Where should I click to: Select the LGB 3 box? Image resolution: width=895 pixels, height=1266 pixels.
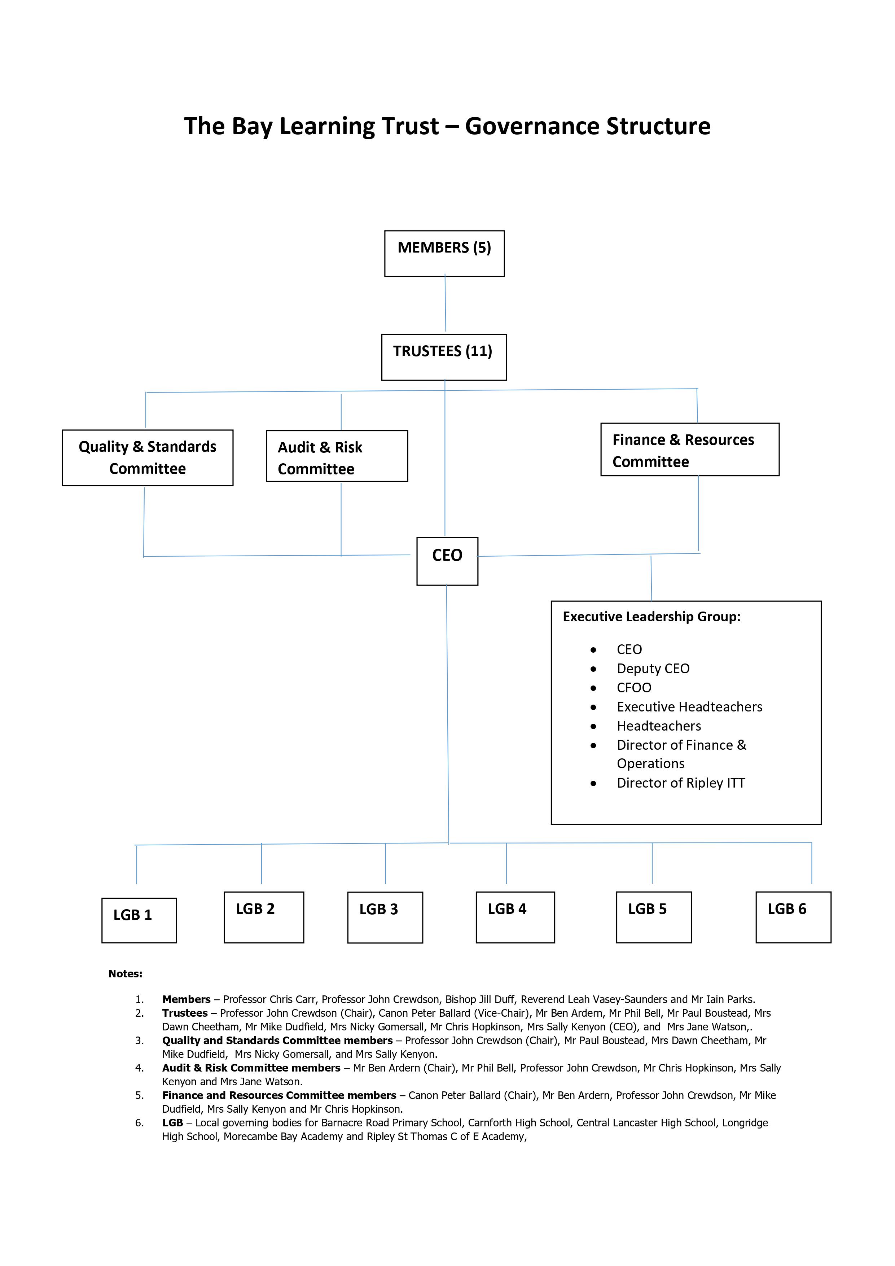click(385, 917)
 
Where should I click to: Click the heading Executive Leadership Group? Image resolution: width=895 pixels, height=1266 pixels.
click(651, 617)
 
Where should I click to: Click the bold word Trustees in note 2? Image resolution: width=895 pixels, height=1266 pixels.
click(185, 1013)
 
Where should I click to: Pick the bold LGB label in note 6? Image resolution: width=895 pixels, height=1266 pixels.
click(172, 1123)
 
